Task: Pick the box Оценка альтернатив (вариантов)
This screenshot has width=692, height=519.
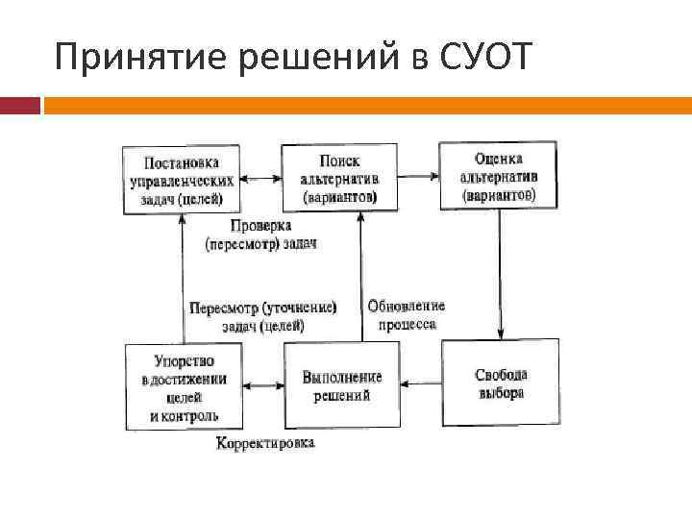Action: coord(499,175)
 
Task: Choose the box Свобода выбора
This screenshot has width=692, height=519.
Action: coord(500,383)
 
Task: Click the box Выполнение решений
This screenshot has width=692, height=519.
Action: coord(341,384)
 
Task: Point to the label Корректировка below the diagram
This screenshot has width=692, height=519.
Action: coord(265,444)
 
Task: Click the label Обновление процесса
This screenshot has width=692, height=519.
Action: coord(407,314)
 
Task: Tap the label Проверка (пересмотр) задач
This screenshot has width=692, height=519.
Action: coord(260,235)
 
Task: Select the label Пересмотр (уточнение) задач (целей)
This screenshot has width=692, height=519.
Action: coord(262,316)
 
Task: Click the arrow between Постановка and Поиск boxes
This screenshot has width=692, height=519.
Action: coord(259,178)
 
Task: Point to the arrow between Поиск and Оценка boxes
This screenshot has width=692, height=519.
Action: coord(418,177)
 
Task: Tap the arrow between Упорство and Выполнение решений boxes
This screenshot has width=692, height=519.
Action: coord(262,386)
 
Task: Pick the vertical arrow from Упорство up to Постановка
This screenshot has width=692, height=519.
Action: coord(181,279)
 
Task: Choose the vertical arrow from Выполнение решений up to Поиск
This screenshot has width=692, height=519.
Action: coord(361,279)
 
